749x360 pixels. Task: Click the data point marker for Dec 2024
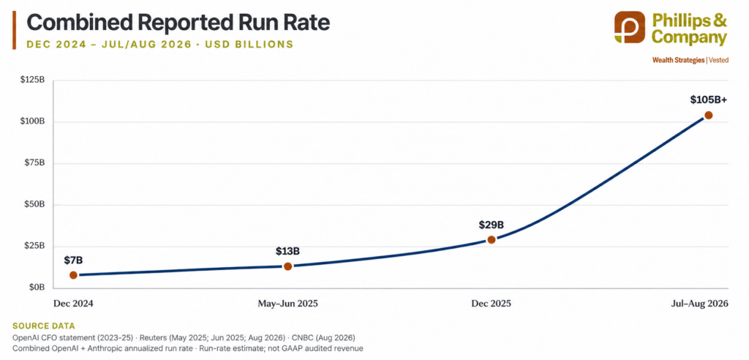(73, 275)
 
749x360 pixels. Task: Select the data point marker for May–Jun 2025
(287, 266)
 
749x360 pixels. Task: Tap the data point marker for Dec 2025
(491, 239)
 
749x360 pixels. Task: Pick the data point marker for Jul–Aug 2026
(708, 115)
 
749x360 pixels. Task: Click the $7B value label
(73, 260)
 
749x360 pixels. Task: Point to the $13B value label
(287, 252)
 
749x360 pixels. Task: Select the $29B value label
(492, 225)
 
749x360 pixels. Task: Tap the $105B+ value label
(708, 100)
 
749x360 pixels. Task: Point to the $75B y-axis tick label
(34, 163)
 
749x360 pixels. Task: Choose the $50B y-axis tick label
(34, 205)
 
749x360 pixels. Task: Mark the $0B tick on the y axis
(37, 288)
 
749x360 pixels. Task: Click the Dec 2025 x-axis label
(491, 304)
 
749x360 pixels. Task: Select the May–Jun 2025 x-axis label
(287, 304)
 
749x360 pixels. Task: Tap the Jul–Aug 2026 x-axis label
(699, 304)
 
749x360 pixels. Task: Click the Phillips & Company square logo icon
(629, 27)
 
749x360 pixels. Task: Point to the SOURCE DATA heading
(43, 326)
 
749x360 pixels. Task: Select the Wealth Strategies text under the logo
(678, 60)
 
